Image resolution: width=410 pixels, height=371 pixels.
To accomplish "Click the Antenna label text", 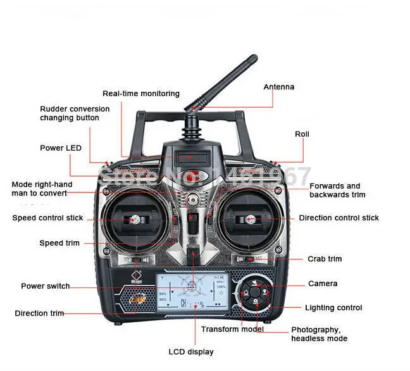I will [x=278, y=87].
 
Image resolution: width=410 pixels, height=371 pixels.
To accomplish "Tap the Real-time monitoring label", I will [x=141, y=94].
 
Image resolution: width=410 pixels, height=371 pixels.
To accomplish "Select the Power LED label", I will [x=61, y=148].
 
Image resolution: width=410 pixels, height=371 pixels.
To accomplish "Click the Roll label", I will [x=302, y=134].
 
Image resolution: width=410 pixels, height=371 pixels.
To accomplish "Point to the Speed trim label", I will [x=59, y=243].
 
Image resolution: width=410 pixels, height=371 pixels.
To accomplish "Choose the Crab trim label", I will [x=325, y=259].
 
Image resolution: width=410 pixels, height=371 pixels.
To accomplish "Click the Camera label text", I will [x=323, y=284].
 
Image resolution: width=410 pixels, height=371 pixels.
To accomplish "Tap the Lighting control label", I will [x=333, y=308].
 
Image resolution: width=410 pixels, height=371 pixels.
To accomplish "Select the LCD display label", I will [x=191, y=351].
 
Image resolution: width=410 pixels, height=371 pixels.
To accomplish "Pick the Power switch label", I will [x=46, y=286].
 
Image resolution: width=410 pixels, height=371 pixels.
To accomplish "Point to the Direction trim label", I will [x=39, y=313].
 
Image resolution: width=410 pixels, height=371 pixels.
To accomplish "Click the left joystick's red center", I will [x=135, y=220].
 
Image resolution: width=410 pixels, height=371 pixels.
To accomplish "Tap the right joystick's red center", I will [x=251, y=220].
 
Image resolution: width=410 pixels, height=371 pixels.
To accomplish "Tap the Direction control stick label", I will [x=339, y=218].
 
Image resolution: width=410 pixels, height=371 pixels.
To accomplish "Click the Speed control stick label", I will [x=47, y=218].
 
